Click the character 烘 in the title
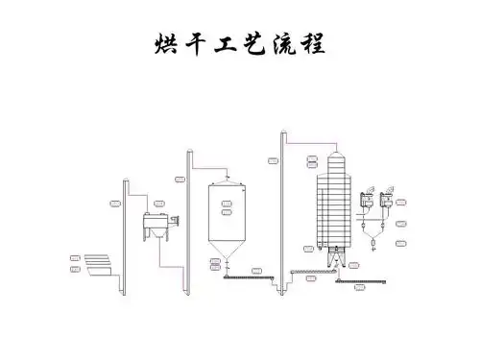pos(165,44)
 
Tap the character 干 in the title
pos(197,44)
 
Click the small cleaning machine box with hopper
pos(154,228)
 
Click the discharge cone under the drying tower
pos(332,256)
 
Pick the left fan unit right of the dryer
pos(365,203)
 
